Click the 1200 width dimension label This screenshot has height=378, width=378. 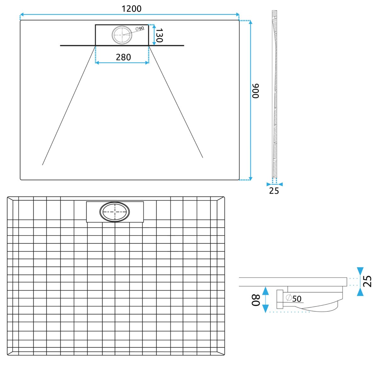click(131, 9)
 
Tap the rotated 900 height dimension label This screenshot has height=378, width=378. click(255, 91)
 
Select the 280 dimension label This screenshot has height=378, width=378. click(123, 57)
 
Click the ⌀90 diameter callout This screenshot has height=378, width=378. click(140, 28)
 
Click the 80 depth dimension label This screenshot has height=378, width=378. click(256, 300)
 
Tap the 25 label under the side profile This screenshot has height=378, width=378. click(274, 191)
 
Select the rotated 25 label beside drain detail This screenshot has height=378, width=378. click(367, 281)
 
